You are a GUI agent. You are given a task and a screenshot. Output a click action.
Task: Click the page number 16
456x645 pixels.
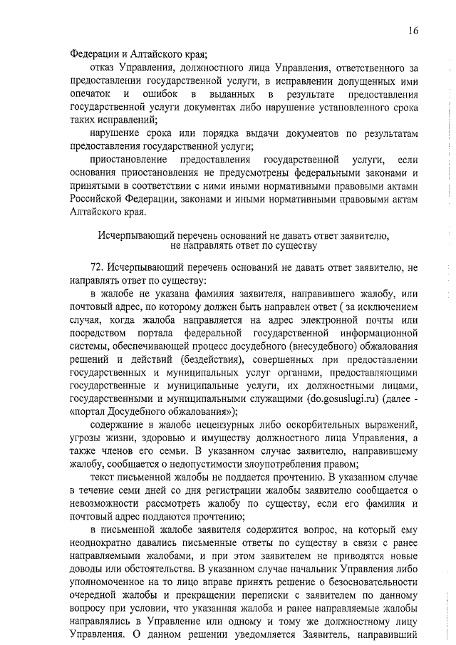pyautogui.click(x=414, y=30)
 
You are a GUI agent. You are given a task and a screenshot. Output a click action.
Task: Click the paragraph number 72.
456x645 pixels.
pyautogui.click(x=98, y=267)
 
